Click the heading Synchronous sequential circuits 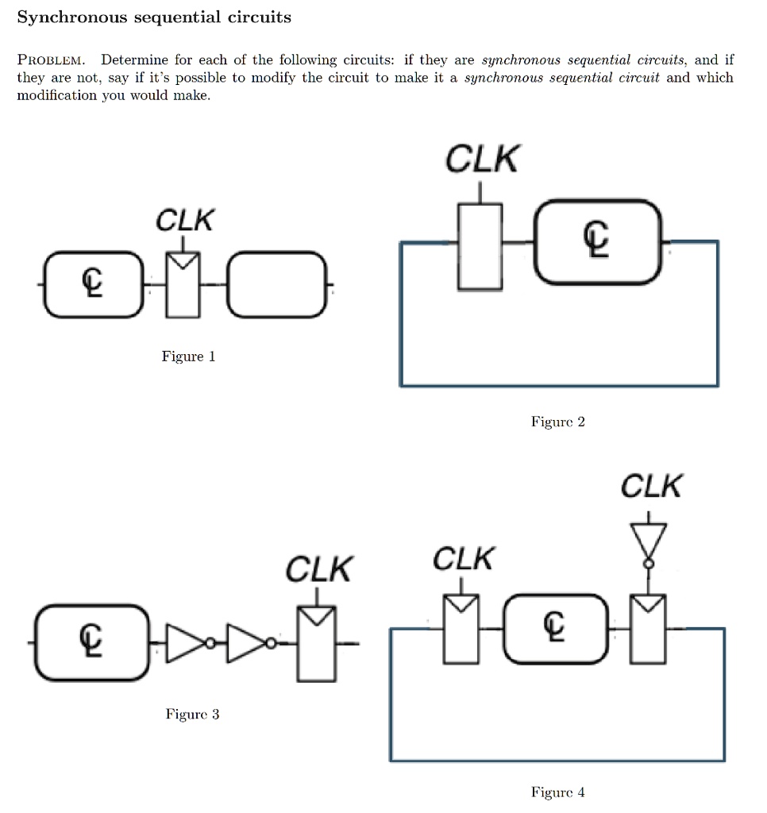pyautogui.click(x=154, y=17)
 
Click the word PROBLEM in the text pyautogui.click(x=55, y=60)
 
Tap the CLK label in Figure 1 pyautogui.click(x=184, y=220)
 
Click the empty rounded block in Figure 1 pyautogui.click(x=276, y=284)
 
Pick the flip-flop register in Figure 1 pyautogui.click(x=184, y=284)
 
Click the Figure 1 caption pyautogui.click(x=188, y=356)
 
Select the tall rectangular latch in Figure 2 pyautogui.click(x=480, y=245)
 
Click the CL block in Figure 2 pyautogui.click(x=598, y=242)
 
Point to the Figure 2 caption pyautogui.click(x=557, y=422)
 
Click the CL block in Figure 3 pyautogui.click(x=91, y=642)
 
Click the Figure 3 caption pyautogui.click(x=192, y=715)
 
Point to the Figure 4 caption pyautogui.click(x=557, y=792)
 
